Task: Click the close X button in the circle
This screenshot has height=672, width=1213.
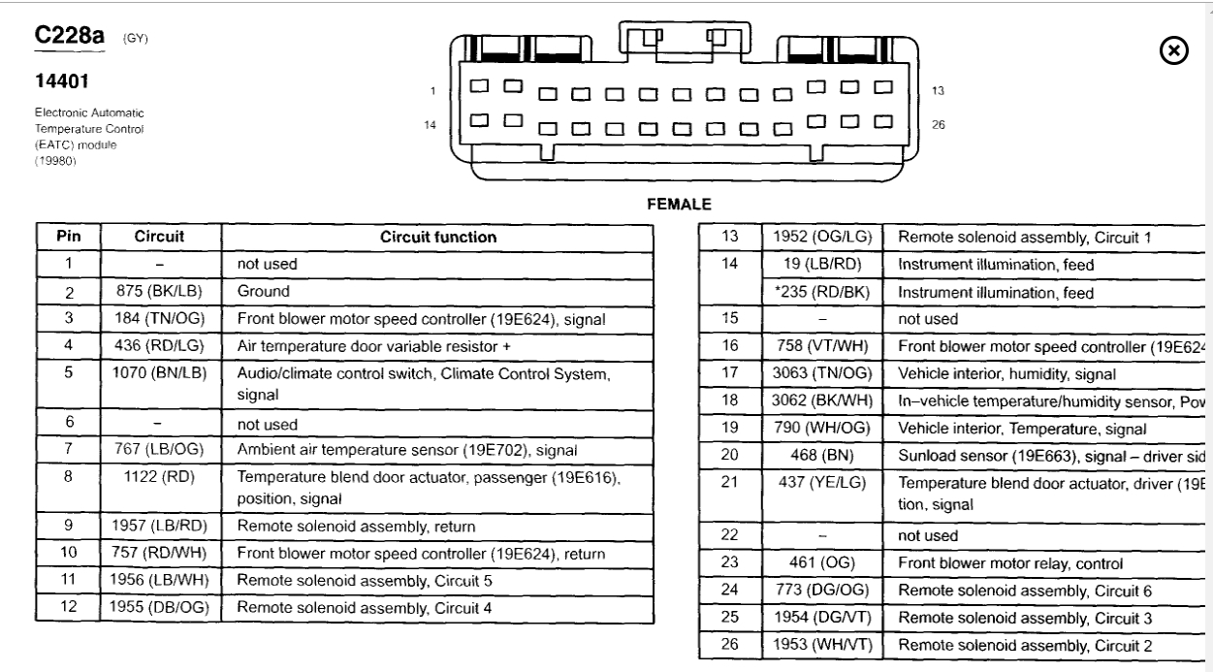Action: (x=1174, y=50)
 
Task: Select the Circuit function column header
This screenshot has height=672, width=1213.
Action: (x=438, y=237)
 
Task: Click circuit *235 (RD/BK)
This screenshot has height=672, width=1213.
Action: (x=822, y=293)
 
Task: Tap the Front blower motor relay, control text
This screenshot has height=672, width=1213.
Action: (x=1010, y=563)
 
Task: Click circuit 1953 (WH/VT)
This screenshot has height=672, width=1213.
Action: (x=822, y=645)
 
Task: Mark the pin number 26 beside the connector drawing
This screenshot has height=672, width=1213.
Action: (x=938, y=124)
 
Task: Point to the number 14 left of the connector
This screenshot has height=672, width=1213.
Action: (x=431, y=124)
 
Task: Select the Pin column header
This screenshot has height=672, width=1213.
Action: (x=70, y=237)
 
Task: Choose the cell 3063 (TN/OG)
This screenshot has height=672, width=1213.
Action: (x=822, y=373)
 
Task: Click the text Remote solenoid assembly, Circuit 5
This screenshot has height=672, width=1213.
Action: (x=365, y=581)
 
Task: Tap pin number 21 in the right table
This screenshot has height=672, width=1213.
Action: (x=730, y=483)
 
